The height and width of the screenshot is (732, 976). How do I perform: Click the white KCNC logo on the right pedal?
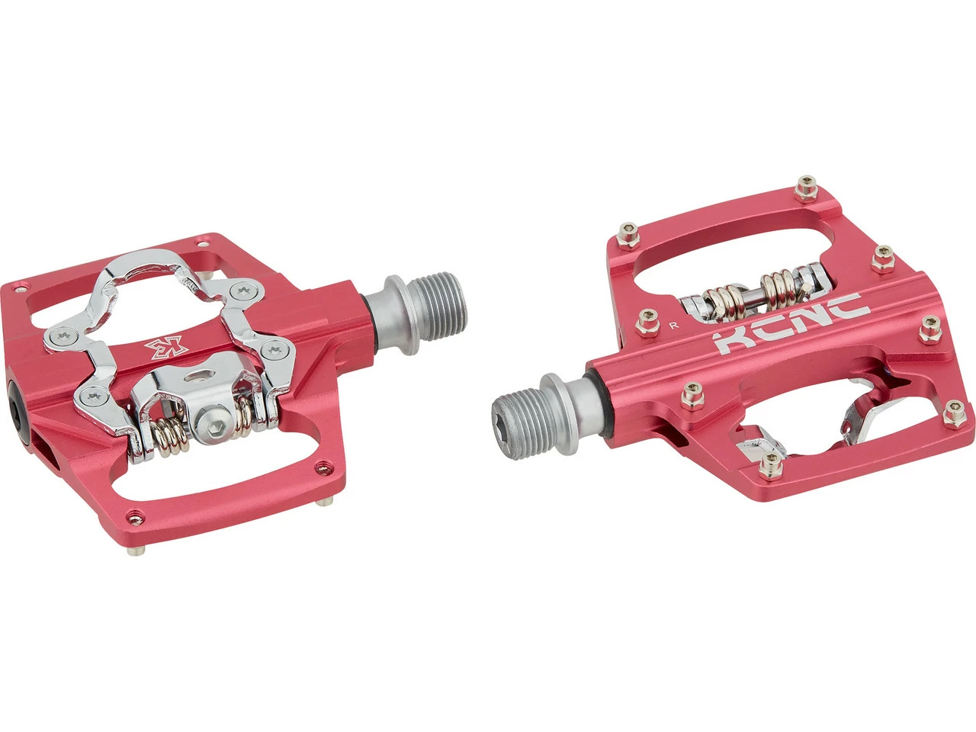click(x=791, y=323)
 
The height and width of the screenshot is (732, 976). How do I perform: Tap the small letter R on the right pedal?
click(x=675, y=326)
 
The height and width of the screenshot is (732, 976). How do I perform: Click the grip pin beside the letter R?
click(x=647, y=323)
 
